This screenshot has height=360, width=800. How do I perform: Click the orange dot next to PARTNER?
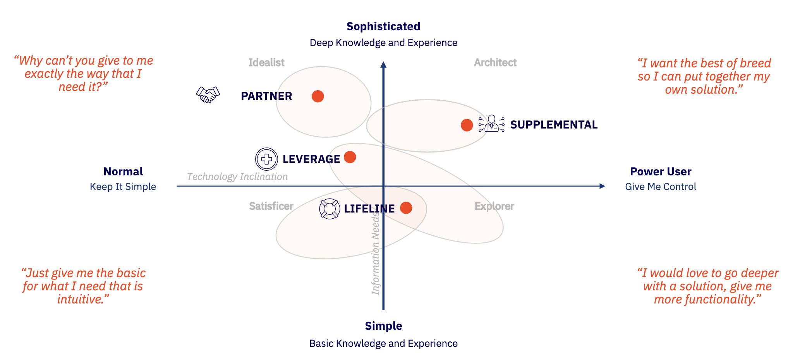(318, 96)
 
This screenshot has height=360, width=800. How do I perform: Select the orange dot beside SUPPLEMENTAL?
(467, 125)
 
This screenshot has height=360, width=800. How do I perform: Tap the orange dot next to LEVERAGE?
(350, 157)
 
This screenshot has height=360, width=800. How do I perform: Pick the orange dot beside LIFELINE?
(406, 208)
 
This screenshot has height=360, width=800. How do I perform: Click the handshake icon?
(208, 94)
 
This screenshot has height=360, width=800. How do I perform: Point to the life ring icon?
(330, 209)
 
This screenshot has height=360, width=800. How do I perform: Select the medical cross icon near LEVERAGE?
(266, 159)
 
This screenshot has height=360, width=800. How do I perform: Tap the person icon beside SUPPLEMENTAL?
(491, 124)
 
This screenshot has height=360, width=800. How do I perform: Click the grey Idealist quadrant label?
(266, 62)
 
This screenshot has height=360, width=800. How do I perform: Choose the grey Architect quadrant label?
(495, 62)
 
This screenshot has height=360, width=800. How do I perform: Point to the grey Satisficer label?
(271, 206)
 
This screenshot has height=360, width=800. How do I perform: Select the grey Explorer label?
(494, 206)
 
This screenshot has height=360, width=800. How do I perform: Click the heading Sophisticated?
(383, 26)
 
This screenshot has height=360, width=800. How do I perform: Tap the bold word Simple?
(383, 326)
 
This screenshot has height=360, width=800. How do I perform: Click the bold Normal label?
(123, 171)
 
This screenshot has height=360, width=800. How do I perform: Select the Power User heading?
(661, 171)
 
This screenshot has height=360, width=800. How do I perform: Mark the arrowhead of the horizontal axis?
(602, 186)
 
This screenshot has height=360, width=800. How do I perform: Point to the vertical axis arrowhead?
(383, 65)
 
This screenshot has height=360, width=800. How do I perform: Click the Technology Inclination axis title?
(237, 177)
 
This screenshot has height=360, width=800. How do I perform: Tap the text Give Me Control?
(661, 187)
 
